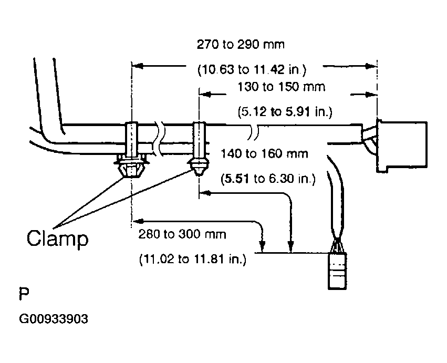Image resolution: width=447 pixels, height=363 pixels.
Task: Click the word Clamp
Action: point(58,238)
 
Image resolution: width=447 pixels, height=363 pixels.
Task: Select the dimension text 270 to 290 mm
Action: point(241,45)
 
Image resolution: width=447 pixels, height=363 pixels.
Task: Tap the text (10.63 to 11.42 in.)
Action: point(252,69)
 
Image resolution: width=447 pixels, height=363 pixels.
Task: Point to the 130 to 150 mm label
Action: point(282,86)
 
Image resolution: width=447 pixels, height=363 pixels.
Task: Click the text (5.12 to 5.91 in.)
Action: point(285,111)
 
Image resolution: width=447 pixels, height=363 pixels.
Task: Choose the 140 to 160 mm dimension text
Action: point(265,154)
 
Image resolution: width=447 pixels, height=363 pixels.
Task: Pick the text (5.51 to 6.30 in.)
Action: point(268,179)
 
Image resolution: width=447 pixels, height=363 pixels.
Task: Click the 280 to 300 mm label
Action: point(182,234)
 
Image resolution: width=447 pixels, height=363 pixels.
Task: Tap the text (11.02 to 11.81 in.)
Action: point(193,260)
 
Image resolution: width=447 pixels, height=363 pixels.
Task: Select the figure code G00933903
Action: point(54,319)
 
